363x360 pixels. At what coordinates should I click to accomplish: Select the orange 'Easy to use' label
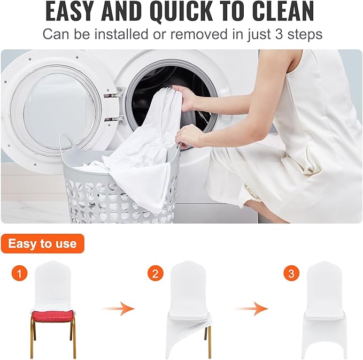[43, 244]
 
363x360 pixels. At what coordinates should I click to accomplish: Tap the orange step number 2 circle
[155, 274]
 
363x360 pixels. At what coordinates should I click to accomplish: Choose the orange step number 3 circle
[291, 274]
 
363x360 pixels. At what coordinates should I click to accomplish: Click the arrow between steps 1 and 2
[118, 309]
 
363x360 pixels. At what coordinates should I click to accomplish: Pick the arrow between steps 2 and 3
[252, 309]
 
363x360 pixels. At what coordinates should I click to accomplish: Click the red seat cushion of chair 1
[51, 315]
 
